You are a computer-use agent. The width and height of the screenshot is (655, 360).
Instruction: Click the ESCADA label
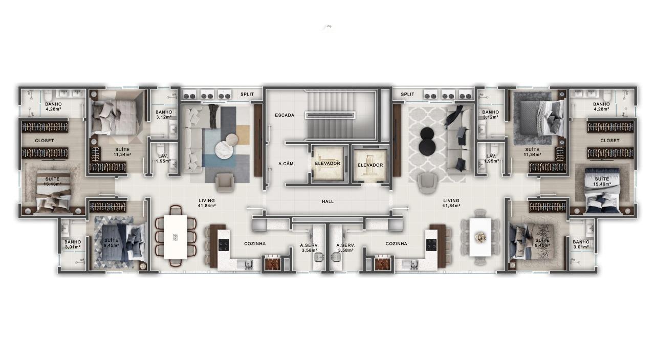pyautogui.click(x=285, y=115)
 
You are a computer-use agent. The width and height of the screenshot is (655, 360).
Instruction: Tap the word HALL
pyautogui.click(x=327, y=201)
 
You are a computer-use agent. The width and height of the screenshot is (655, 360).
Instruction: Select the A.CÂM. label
pyautogui.click(x=285, y=164)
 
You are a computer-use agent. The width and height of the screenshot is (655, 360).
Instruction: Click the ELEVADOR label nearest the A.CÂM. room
pyautogui.click(x=327, y=164)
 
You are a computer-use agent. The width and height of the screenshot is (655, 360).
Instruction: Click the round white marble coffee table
pyautogui.click(x=224, y=150)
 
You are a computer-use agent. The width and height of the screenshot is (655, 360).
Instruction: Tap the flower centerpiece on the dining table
pyautogui.click(x=481, y=237)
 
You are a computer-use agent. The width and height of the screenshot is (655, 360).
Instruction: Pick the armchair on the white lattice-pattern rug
pyautogui.click(x=428, y=183)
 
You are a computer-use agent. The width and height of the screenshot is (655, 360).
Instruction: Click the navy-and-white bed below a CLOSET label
pyautogui.click(x=604, y=189)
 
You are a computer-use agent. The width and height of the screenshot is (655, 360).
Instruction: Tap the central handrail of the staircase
pyautogui.click(x=331, y=116)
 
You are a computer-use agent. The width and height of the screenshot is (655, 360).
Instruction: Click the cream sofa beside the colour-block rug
pyautogui.click(x=193, y=138)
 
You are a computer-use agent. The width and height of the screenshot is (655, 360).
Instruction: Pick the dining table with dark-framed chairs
pyautogui.click(x=176, y=237)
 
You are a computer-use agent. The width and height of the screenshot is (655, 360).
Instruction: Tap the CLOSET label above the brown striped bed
pyautogui.click(x=45, y=140)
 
